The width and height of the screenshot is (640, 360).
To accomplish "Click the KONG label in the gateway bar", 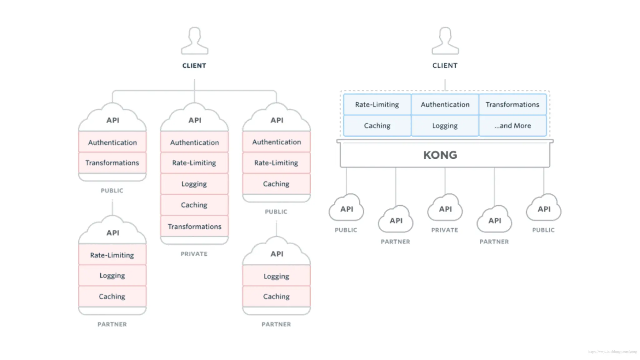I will pyautogui.click(x=440, y=155).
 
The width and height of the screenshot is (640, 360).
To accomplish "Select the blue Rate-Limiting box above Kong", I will pyautogui.click(x=377, y=104).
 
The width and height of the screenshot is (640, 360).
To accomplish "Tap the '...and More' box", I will pyautogui.click(x=512, y=126).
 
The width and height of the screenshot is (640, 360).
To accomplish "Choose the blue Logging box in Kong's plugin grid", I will pyautogui.click(x=445, y=126).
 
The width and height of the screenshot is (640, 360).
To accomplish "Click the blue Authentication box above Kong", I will pyautogui.click(x=445, y=104).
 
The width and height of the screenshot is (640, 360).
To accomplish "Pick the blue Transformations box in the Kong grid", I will pyautogui.click(x=512, y=104).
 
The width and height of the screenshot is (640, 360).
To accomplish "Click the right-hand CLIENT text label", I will pyautogui.click(x=445, y=66).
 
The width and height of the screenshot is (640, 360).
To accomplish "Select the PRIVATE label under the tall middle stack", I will pyautogui.click(x=194, y=254).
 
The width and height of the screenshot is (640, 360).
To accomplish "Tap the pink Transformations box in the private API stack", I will pyautogui.click(x=194, y=226).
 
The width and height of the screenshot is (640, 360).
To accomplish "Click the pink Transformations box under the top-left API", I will pyautogui.click(x=112, y=163).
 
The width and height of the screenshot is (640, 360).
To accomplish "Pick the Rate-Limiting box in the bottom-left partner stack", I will pyautogui.click(x=112, y=255).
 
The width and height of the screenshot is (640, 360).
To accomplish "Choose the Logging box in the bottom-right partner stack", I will pyautogui.click(x=276, y=276).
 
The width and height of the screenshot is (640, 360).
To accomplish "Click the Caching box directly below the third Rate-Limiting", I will pyautogui.click(x=276, y=184).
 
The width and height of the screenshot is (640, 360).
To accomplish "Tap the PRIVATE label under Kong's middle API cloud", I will pyautogui.click(x=445, y=230).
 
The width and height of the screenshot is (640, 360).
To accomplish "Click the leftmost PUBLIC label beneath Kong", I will pyautogui.click(x=346, y=230).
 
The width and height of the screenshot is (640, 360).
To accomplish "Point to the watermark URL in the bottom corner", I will pyautogui.click(x=612, y=352).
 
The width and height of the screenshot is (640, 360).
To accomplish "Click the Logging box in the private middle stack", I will pyautogui.click(x=194, y=184).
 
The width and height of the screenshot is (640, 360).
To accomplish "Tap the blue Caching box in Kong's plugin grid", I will pyautogui.click(x=377, y=126).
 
